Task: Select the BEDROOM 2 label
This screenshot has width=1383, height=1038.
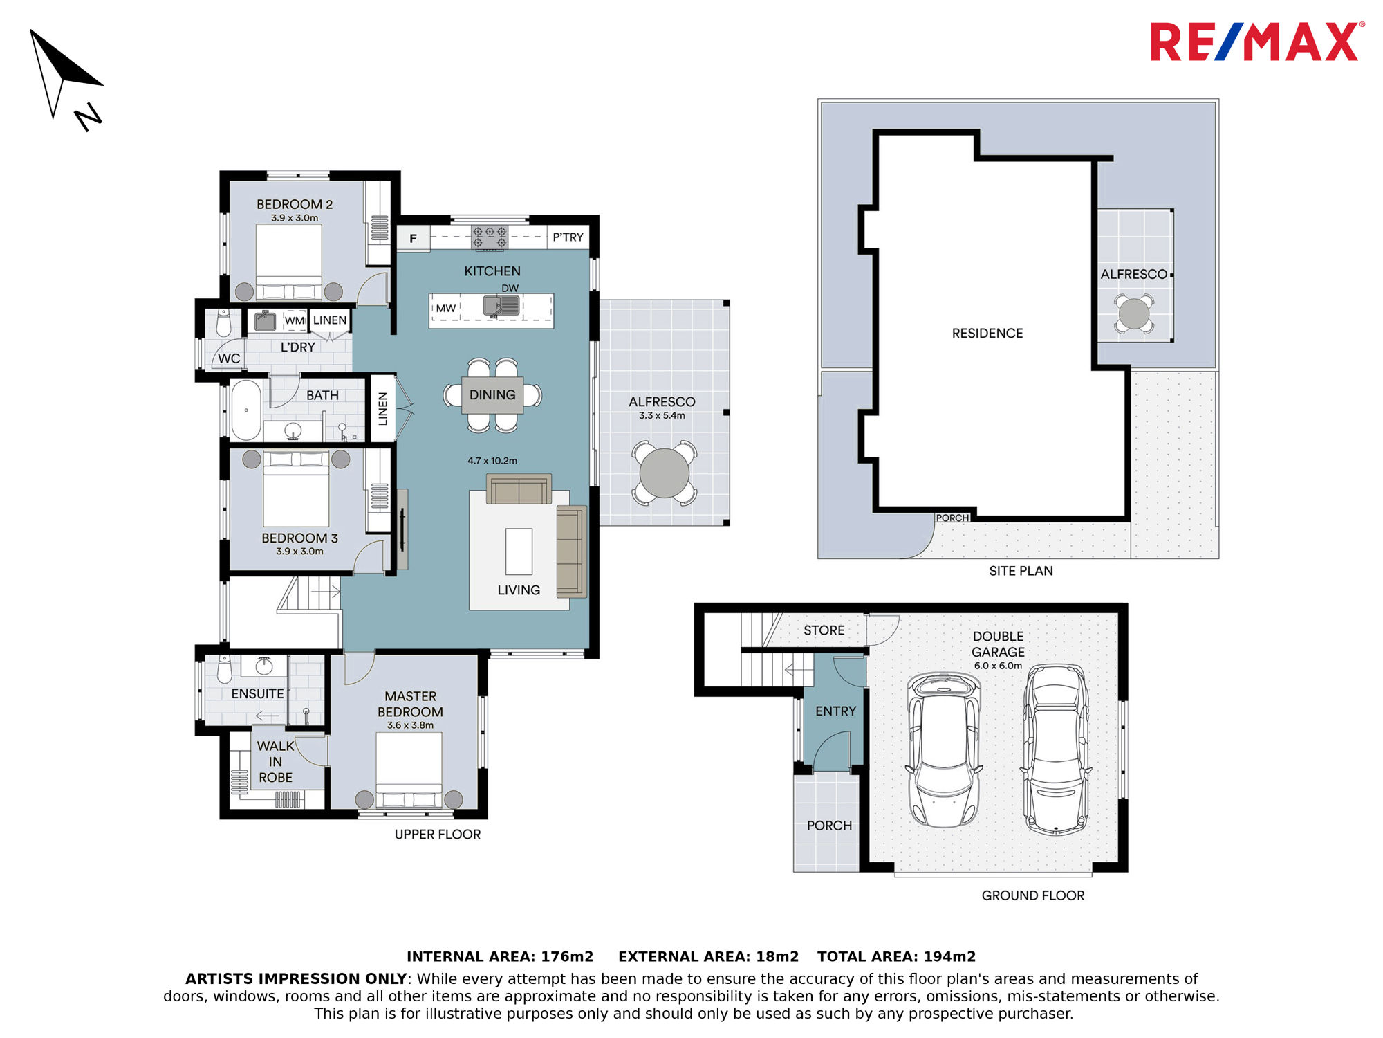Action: tap(295, 204)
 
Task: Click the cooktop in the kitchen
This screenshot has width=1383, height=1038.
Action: tap(490, 237)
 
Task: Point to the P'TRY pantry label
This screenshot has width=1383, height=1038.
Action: tap(568, 237)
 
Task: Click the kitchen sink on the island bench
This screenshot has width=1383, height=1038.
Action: tap(502, 305)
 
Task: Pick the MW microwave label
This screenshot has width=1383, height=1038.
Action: tap(446, 309)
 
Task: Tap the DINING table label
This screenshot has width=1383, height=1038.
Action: tap(492, 394)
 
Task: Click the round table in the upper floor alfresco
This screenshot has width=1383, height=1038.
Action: tap(664, 473)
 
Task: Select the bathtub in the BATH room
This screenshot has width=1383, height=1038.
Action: tap(246, 410)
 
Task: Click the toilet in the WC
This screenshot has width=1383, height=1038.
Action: tap(223, 323)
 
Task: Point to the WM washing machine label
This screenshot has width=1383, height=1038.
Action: tap(295, 320)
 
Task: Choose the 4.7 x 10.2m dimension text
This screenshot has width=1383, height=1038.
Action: tap(492, 460)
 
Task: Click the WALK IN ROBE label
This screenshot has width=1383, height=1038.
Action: tap(275, 762)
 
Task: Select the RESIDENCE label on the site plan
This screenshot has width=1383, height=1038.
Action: tap(987, 334)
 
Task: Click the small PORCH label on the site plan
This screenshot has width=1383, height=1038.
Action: tap(952, 518)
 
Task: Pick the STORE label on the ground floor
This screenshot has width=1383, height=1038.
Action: tap(824, 630)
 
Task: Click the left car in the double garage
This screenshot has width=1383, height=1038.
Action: tap(944, 750)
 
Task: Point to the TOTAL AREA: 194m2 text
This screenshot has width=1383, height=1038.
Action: tap(896, 956)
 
